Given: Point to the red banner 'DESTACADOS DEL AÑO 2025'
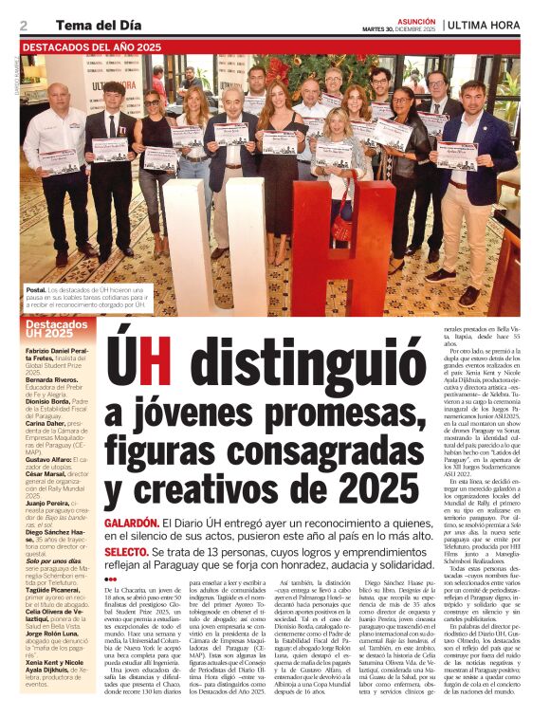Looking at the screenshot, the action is (92, 46).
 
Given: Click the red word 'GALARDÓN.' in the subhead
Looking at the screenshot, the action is (131, 523).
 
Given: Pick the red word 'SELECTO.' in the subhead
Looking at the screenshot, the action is (126, 551).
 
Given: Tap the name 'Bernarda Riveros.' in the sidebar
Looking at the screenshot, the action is (51, 379).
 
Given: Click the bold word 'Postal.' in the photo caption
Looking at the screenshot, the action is (34, 287).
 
